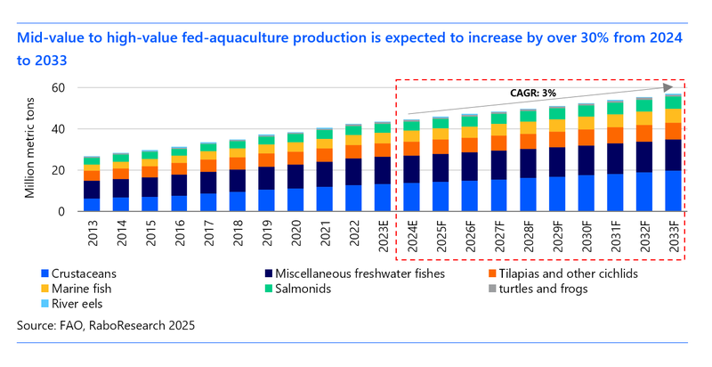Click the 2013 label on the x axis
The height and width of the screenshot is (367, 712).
pos(91,230)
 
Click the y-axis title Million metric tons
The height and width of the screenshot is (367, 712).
pos(30,150)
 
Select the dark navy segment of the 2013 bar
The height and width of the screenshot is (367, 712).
pos(91,190)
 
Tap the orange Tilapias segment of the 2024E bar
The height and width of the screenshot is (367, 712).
pos(411,148)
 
